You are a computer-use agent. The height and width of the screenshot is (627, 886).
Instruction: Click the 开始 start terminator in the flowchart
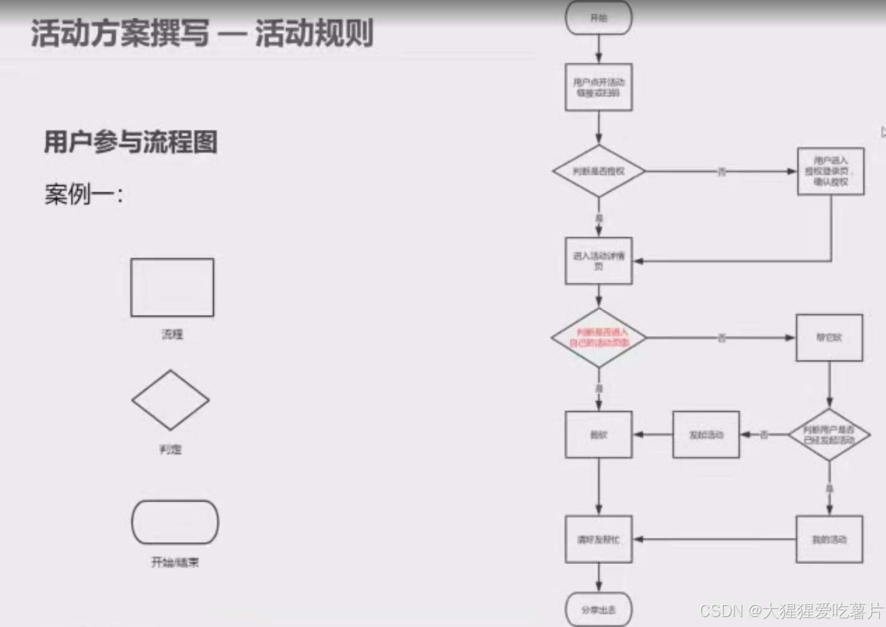coord(599,17)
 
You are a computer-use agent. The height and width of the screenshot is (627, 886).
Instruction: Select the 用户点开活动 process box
coord(599,87)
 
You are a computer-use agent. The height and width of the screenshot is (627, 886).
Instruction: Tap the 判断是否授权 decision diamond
coord(599,171)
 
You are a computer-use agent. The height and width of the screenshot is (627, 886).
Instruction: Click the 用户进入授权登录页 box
coord(831,171)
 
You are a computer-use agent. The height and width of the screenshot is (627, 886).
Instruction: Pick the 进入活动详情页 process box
coord(599,261)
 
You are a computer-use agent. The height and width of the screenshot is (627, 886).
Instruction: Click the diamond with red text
coord(599,338)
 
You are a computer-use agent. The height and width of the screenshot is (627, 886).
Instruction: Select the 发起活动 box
coord(706,434)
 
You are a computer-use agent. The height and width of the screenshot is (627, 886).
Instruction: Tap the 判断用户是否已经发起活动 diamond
coord(829,434)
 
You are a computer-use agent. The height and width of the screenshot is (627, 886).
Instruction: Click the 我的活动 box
coord(829,539)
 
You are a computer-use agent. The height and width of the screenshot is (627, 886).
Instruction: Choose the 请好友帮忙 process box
coord(599,539)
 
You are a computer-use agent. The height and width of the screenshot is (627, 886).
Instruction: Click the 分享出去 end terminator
coord(599,609)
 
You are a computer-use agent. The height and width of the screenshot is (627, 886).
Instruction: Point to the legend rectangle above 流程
coord(172,288)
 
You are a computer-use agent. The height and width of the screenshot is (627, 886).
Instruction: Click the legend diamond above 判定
coord(170,400)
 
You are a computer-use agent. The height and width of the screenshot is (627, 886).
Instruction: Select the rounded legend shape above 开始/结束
coord(175,522)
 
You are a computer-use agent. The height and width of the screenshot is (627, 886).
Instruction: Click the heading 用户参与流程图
coord(130,142)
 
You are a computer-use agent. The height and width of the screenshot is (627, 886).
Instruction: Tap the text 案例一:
coord(84,194)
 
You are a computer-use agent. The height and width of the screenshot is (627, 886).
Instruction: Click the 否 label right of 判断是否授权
coord(721,172)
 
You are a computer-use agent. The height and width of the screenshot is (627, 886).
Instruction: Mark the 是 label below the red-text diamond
coord(599,389)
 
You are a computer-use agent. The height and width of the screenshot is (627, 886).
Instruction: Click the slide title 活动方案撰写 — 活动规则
coord(202,33)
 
